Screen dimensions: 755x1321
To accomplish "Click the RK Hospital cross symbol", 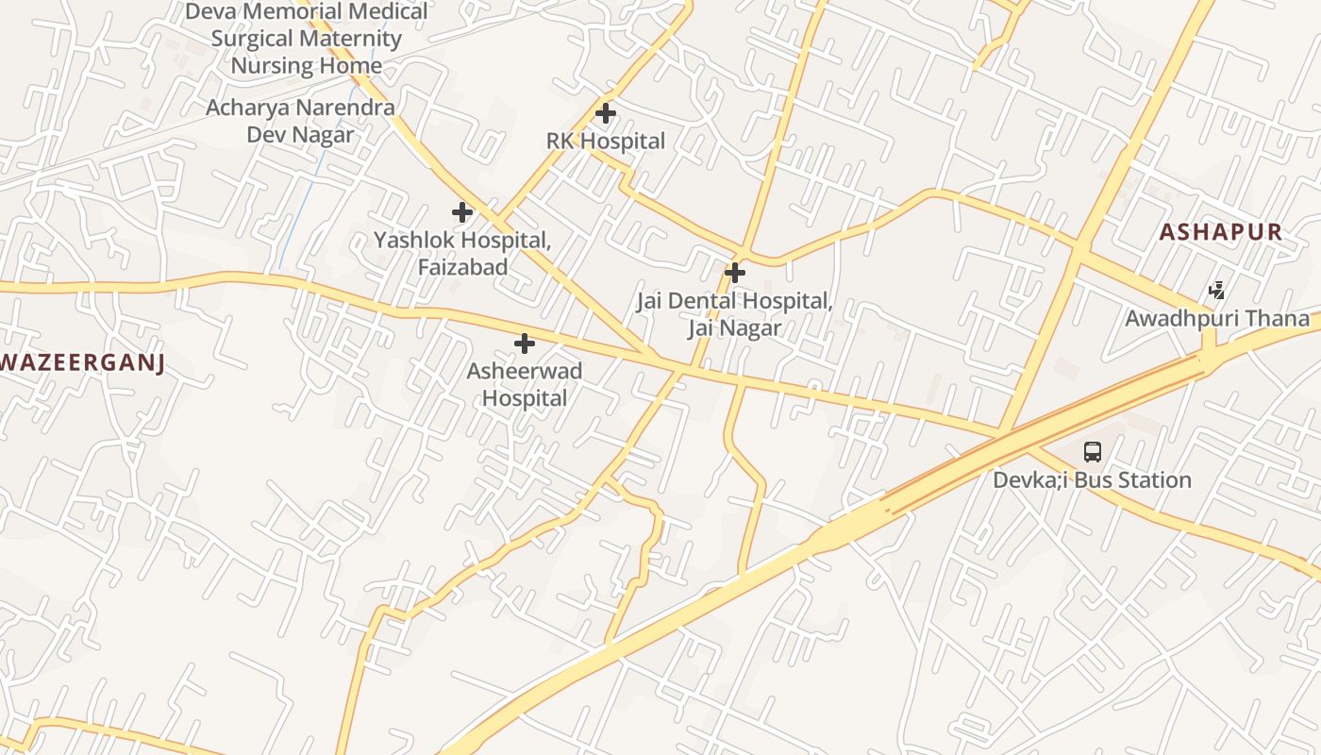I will [606, 114].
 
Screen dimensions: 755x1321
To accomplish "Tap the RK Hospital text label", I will [606, 142].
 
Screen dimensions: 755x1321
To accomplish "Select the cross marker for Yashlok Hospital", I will [462, 212].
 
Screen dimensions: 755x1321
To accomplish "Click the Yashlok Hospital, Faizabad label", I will [462, 253].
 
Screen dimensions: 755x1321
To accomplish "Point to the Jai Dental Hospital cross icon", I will [735, 274].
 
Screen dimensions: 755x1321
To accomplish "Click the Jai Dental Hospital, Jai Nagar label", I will [734, 314].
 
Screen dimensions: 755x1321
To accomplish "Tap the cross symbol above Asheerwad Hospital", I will [525, 344].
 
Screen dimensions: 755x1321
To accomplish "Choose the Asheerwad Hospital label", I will [525, 384].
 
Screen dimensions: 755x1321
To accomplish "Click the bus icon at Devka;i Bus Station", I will [1092, 452].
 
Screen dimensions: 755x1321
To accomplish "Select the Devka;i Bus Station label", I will [1092, 480].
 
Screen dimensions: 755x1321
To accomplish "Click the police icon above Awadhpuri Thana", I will [1218, 291].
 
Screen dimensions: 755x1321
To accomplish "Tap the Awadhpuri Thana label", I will [1217, 319].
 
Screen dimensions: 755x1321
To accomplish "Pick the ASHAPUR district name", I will [1221, 232].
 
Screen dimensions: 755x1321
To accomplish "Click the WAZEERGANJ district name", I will [83, 363].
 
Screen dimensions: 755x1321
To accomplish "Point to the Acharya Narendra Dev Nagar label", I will [300, 121].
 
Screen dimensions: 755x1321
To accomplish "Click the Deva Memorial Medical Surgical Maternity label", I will [307, 39].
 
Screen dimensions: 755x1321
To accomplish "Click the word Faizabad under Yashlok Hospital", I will [462, 267].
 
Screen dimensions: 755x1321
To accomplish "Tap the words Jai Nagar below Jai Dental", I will [734, 328].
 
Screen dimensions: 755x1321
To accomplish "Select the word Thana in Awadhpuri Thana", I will [1281, 319].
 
